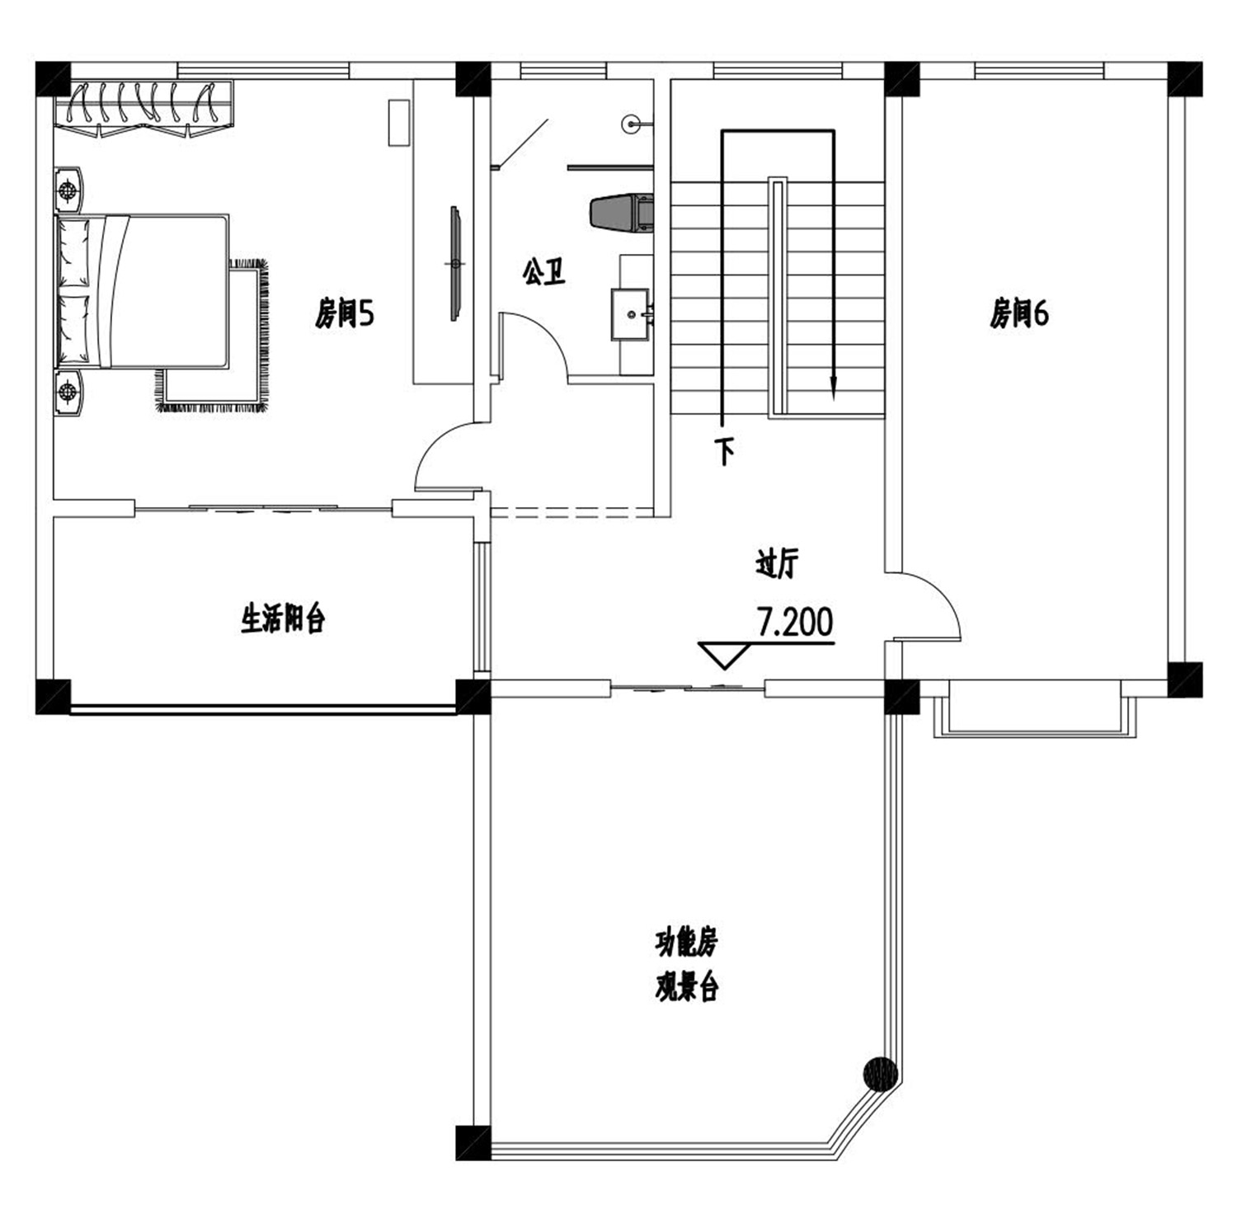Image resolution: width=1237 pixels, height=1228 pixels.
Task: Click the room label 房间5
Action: pos(344,313)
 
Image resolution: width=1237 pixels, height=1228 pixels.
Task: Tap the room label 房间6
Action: pos(1019,313)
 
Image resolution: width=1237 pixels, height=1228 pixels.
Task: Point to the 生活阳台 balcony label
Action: pos(283,618)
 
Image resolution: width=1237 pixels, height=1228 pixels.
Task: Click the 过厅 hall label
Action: pos(777,564)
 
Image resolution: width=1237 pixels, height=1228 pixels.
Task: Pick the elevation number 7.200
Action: pos(795,623)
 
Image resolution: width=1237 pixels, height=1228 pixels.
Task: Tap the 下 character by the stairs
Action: pos(725,451)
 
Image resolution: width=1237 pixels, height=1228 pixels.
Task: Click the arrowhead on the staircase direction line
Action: pos(834,388)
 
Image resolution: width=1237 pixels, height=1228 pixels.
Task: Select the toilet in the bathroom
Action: pos(621,213)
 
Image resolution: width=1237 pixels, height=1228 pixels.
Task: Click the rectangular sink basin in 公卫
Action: pos(632,314)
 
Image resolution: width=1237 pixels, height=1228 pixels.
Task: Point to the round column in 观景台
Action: pos(880,1074)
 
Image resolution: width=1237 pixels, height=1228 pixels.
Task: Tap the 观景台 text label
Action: pos(686,986)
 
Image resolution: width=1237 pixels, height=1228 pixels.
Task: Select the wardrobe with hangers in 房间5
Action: pos(144,108)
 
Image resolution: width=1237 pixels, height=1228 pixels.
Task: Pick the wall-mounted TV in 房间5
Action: pos(454,263)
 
